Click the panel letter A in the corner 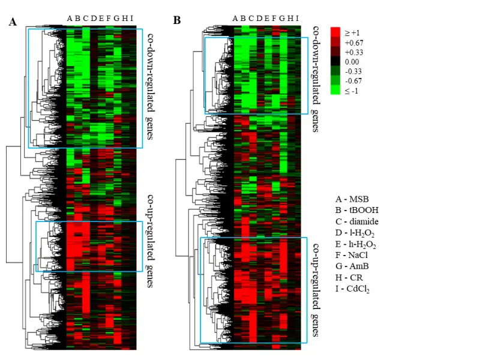[13, 22]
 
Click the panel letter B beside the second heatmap [177, 20]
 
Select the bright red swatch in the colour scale [336, 32]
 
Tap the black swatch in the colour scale [336, 62]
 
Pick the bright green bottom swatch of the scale [336, 91]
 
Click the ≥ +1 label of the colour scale [352, 33]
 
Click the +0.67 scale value [354, 43]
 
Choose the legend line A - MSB [352, 199]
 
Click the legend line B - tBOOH [358, 210]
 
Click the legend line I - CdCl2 [353, 289]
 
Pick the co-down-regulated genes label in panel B [315, 79]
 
